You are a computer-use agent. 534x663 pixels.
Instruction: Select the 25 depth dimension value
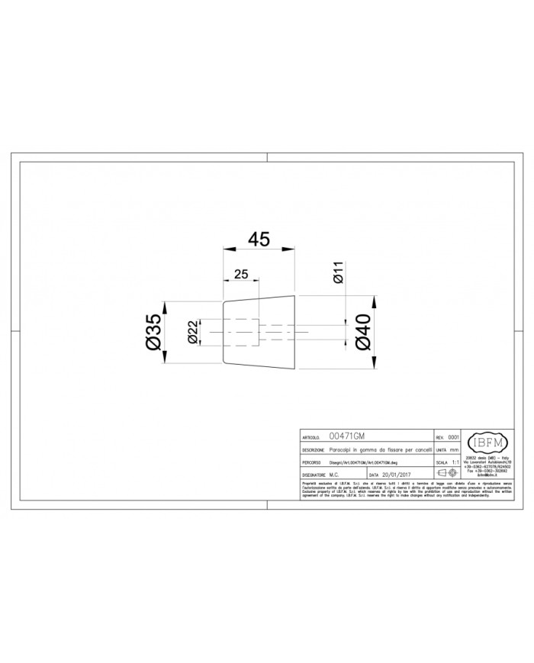pos(240,273)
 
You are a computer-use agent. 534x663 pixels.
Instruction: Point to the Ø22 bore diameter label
pos(193,333)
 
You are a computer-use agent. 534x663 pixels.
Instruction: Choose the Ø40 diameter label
pos(363,333)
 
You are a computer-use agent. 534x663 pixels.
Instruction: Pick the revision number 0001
pos(452,439)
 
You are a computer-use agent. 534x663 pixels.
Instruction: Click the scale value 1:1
pos(455,462)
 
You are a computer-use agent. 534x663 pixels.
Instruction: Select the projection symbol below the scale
pos(446,474)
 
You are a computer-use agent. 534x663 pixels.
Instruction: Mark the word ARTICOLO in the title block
pos(310,439)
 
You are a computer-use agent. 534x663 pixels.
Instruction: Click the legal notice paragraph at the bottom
pos(400,490)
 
